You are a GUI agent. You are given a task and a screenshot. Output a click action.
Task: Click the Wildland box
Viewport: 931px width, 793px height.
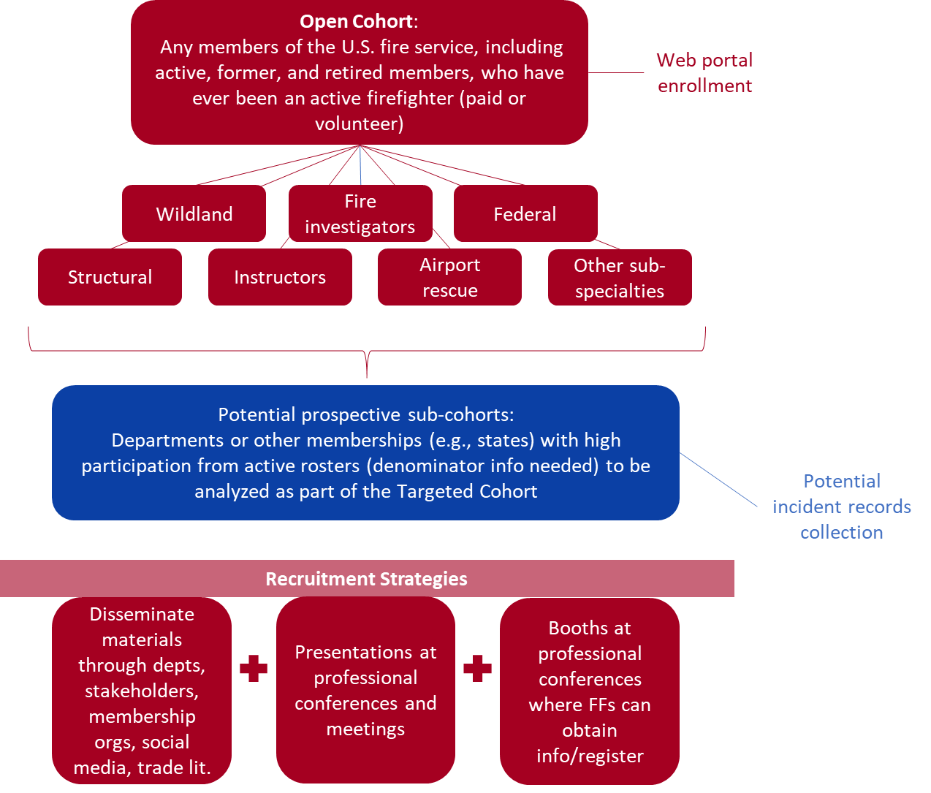coord(194,213)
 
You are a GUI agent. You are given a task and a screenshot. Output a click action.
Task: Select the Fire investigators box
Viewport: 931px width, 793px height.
coord(360,213)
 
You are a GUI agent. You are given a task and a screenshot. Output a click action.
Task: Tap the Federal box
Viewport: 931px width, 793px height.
coord(525,213)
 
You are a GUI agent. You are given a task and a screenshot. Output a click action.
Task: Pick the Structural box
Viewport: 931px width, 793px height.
coord(110,277)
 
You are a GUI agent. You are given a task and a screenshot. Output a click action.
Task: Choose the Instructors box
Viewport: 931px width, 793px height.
coord(280,277)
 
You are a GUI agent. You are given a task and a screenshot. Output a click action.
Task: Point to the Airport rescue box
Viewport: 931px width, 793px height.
coord(449,277)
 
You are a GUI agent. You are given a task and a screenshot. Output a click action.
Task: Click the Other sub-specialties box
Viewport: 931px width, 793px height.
coord(619,278)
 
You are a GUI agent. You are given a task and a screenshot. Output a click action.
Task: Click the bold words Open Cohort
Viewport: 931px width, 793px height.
coord(356,21)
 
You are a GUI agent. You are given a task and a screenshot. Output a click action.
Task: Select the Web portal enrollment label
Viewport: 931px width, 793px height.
coord(704,72)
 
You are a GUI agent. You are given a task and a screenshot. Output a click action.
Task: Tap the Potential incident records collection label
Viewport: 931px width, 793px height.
coord(841,506)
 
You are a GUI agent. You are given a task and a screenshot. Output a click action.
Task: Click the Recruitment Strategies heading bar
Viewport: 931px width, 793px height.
coord(366,579)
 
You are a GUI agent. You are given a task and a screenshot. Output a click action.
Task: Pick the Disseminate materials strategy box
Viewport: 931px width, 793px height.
coord(142,690)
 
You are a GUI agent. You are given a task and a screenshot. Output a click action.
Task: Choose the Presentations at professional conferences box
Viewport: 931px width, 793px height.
coord(365,690)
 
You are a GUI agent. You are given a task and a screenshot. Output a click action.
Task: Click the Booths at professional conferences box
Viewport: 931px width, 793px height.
coord(590,691)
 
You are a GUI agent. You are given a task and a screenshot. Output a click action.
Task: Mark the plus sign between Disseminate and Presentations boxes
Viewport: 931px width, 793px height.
coord(254,668)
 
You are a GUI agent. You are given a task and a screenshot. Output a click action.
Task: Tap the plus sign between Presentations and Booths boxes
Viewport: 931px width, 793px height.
coord(477,668)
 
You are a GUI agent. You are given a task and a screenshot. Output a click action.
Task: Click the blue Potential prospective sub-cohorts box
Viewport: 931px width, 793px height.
coord(365,452)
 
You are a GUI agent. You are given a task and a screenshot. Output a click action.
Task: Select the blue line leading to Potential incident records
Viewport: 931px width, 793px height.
coord(719,479)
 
